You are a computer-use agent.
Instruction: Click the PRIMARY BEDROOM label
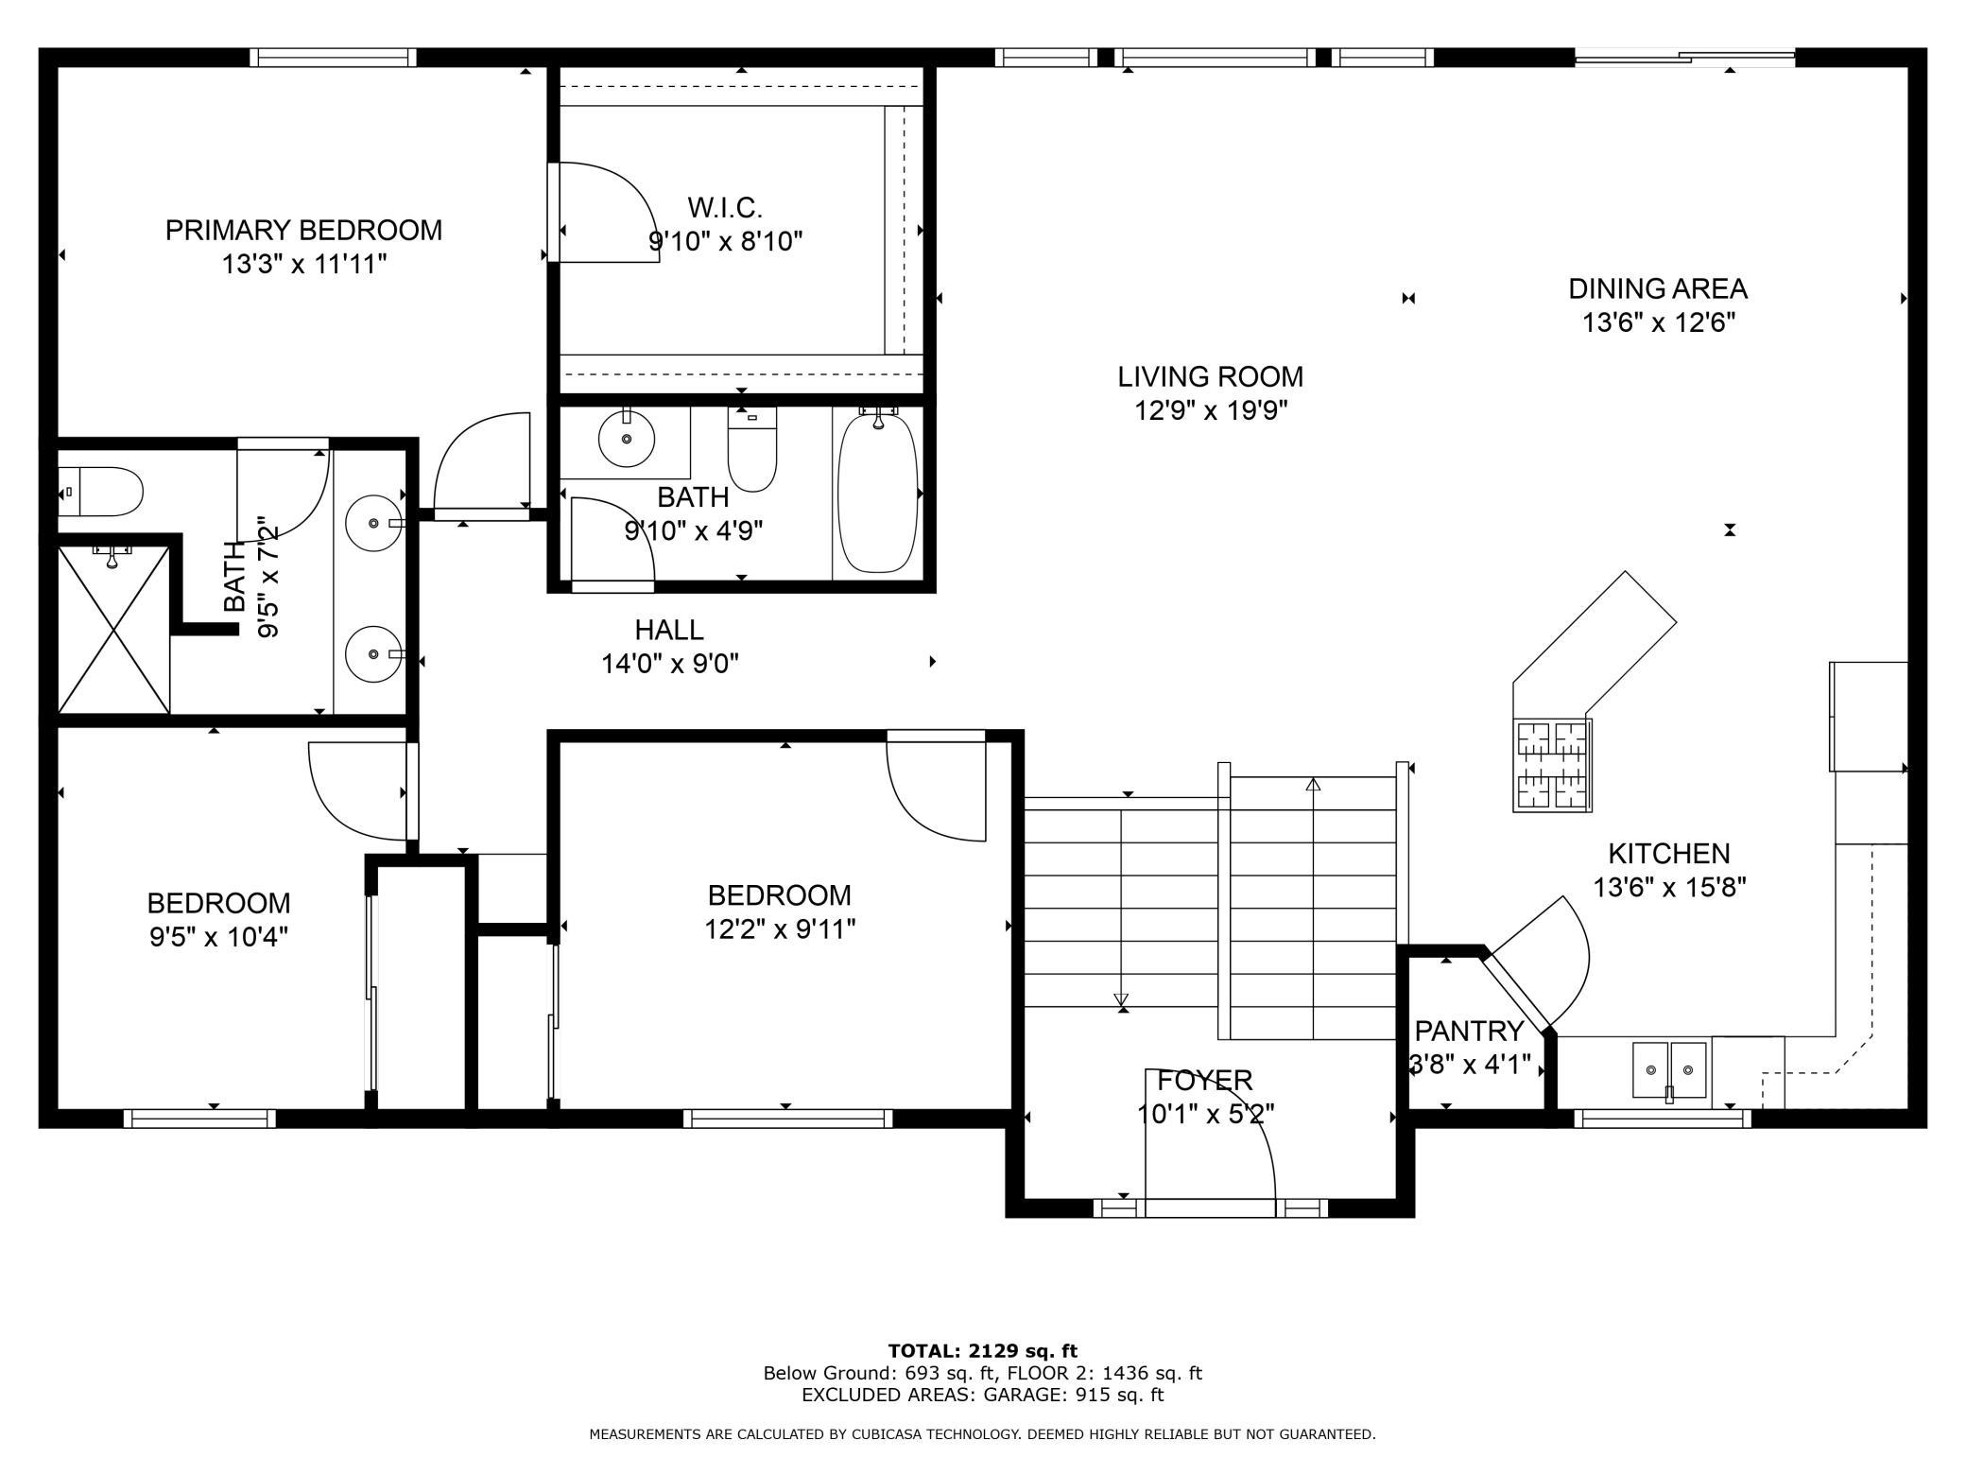pos(303,230)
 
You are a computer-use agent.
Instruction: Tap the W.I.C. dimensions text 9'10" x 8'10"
pos(725,241)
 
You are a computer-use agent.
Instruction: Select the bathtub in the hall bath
pos(877,493)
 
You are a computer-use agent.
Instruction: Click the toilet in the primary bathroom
pos(99,492)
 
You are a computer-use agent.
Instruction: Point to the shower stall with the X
pos(114,629)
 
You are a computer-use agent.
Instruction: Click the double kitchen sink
pos(1670,1071)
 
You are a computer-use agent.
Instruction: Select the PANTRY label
pos(1469,1031)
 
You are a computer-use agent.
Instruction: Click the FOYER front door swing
pos(1210,1135)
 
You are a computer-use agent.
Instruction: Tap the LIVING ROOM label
pos(1210,376)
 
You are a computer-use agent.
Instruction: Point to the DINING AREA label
pos(1658,288)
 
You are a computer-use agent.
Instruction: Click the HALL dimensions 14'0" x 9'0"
pos(670,664)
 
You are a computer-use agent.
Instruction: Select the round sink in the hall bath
pos(627,439)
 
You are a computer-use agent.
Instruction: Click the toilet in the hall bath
pos(752,449)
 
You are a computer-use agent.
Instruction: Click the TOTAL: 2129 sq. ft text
pos(982,1351)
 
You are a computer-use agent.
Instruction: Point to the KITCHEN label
pos(1669,854)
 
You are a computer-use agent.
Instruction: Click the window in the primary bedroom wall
pos(333,58)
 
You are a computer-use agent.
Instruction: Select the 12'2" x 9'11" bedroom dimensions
pos(780,928)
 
